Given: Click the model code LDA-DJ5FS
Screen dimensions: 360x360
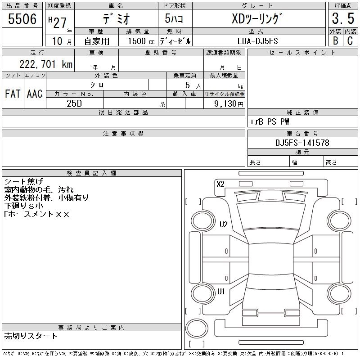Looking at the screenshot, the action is pyautogui.click(x=257, y=41).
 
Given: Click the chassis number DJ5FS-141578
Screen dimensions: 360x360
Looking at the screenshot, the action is pyautogui.click(x=302, y=143).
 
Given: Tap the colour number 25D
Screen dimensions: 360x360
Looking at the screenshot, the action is pyautogui.click(x=74, y=103).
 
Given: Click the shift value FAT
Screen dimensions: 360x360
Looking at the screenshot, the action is pyautogui.click(x=13, y=94).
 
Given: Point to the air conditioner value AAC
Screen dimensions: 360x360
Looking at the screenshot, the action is pyautogui.click(x=35, y=94).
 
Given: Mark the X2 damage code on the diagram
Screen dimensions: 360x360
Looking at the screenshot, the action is pyautogui.click(x=220, y=184).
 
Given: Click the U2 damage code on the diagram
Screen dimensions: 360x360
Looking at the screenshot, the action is pyautogui.click(x=223, y=225).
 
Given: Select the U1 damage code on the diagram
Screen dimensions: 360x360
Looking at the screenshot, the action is pyautogui.click(x=221, y=291).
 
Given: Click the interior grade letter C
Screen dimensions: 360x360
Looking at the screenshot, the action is pyautogui.click(x=350, y=41).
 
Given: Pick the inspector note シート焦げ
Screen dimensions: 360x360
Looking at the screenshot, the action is pyautogui.click(x=23, y=181).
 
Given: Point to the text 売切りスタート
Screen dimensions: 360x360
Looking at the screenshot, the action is pyautogui.click(x=31, y=336).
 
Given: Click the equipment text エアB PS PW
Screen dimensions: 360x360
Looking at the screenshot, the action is pyautogui.click(x=270, y=122).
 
